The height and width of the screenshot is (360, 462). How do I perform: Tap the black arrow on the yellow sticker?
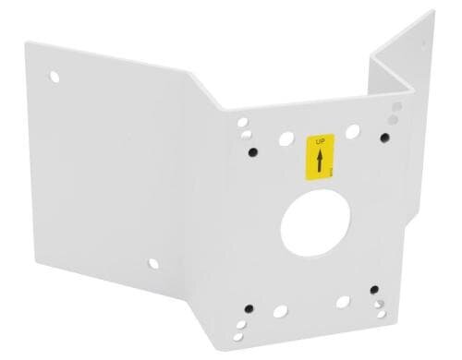click(320, 162)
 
